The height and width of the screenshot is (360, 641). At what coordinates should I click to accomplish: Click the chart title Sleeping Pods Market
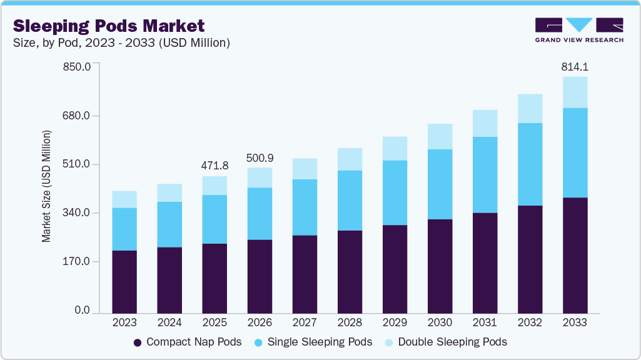(109, 26)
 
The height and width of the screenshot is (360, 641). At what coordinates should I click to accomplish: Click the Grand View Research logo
(579, 29)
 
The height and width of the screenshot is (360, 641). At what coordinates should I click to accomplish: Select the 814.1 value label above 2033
(575, 67)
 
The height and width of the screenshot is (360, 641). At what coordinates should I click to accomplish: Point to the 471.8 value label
(215, 166)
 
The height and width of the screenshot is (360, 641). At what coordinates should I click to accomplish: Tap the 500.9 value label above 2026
(260, 157)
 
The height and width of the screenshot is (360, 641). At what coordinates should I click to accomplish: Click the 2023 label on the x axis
(124, 322)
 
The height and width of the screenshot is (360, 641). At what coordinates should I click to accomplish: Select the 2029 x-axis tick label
(395, 322)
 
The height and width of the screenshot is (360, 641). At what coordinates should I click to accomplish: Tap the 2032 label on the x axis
(530, 322)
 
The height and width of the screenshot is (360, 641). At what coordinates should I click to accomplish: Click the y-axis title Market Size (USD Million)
(46, 187)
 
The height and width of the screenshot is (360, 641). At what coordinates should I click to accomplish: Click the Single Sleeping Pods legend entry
(313, 342)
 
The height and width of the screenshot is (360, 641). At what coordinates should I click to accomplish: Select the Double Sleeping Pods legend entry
(446, 342)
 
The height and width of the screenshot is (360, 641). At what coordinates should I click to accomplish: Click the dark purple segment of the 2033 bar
(575, 255)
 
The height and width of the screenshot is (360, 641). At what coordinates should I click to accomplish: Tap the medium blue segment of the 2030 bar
(440, 184)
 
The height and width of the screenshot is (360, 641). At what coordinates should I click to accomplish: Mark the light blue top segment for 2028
(350, 159)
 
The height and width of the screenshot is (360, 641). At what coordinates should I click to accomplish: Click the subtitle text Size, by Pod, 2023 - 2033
(122, 43)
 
